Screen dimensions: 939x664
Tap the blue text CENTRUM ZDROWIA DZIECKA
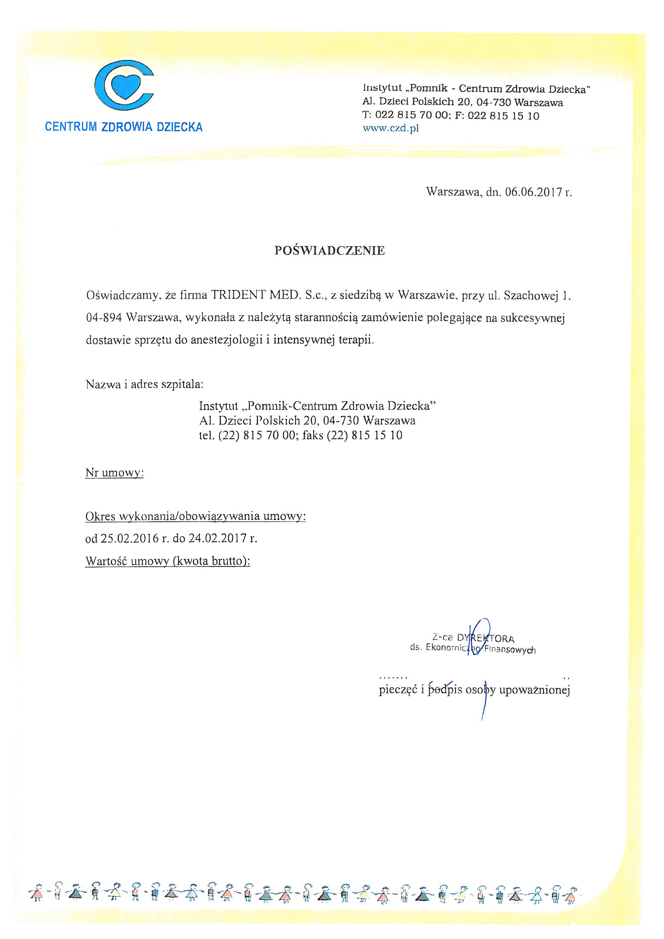click(124, 127)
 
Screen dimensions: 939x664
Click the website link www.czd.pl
click(391, 129)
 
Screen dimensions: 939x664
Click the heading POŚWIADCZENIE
click(330, 251)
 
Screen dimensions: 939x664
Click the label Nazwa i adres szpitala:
click(145, 384)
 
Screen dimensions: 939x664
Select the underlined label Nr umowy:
click(114, 473)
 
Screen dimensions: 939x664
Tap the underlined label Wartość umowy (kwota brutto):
click(168, 561)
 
